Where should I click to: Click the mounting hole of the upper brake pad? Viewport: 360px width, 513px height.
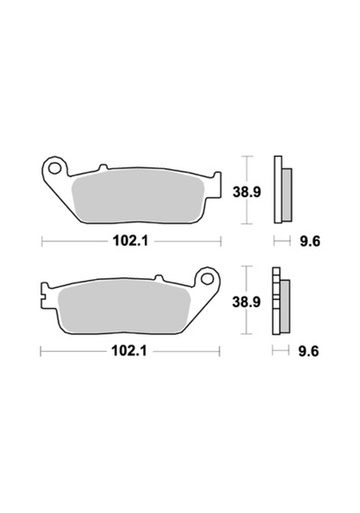54,168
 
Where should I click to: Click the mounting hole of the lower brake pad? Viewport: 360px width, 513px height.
207,279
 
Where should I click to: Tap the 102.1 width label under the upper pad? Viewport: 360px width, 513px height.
130,241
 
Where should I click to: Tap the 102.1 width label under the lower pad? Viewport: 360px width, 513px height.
129,351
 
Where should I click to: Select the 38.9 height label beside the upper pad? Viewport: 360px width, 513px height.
247,192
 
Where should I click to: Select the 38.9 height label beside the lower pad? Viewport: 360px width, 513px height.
247,302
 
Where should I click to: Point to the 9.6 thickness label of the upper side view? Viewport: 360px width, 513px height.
310,242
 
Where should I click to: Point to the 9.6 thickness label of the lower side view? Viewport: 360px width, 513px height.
309,352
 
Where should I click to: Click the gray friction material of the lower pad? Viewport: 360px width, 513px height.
123,307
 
